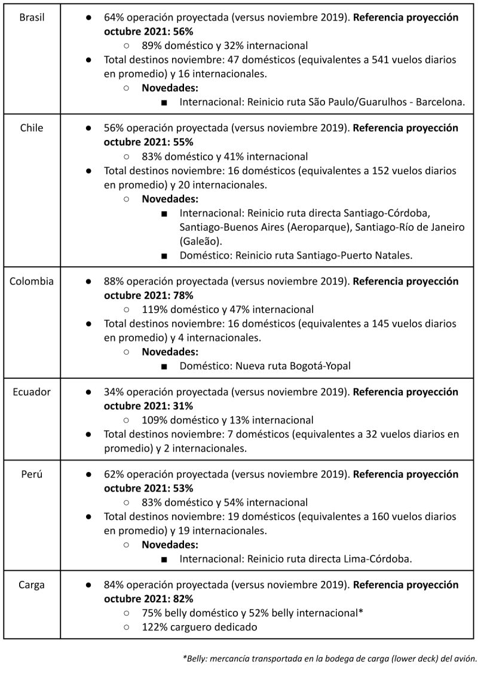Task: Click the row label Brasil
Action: coord(32,17)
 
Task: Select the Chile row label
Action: coord(32,128)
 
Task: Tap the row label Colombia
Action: coord(32,281)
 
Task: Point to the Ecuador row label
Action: coord(32,392)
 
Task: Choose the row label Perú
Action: coord(32,474)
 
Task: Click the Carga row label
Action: coord(32,585)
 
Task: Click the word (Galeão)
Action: coord(200,241)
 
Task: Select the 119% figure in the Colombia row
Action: coord(154,309)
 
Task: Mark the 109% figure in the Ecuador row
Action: coord(154,420)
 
